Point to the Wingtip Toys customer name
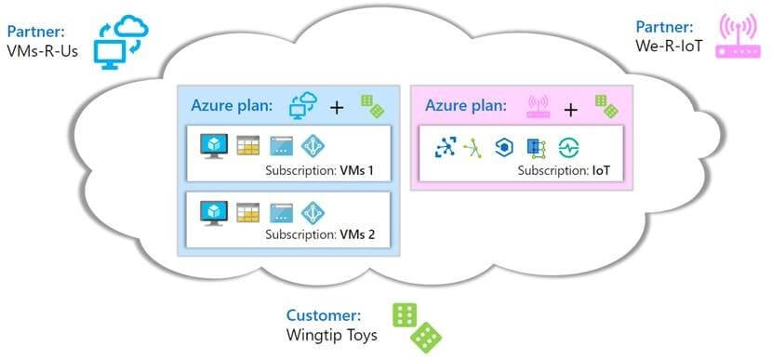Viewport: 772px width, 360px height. point(332,335)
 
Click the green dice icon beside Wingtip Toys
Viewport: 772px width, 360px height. point(416,326)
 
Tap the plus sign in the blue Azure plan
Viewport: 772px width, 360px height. point(337,107)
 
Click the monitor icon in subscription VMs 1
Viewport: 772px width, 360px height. point(213,146)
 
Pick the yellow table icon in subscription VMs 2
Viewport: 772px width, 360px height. point(247,212)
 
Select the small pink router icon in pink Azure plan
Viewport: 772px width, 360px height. point(537,106)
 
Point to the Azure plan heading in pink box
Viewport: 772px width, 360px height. point(466,106)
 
